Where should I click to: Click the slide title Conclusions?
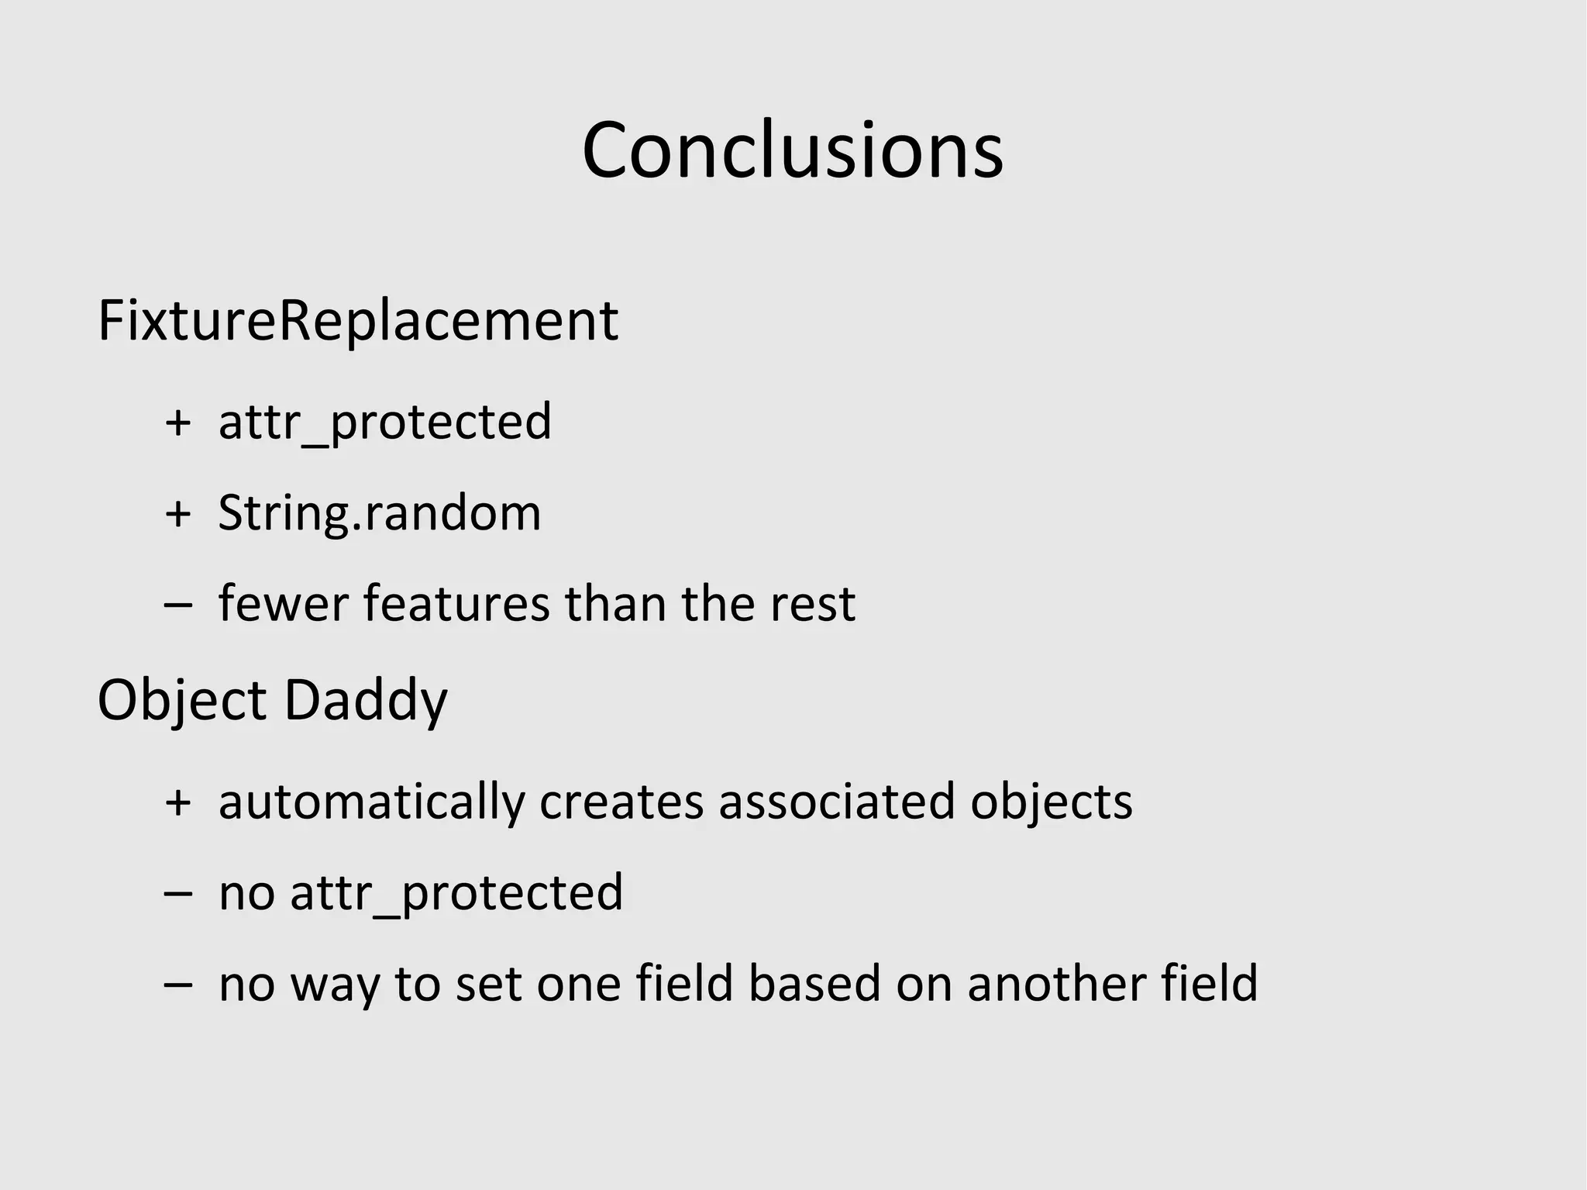click(x=792, y=150)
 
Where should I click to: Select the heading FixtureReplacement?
click(x=357, y=321)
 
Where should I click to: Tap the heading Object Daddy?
click(x=272, y=700)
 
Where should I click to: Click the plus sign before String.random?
click(x=178, y=514)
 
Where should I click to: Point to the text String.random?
click(x=379, y=514)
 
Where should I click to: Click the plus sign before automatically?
click(x=178, y=802)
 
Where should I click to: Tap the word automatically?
click(x=371, y=802)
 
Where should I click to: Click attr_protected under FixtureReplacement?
click(x=385, y=423)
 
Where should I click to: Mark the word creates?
click(x=621, y=802)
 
